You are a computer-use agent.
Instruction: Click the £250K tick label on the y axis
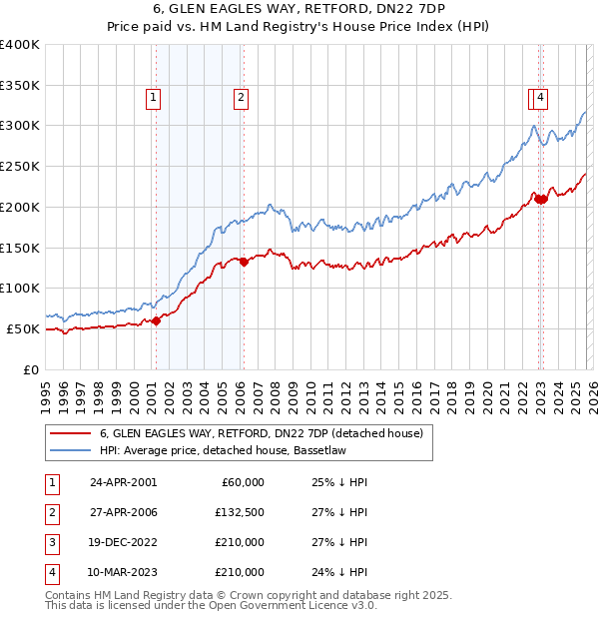click(x=20, y=167)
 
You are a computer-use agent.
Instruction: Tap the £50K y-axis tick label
click(x=23, y=328)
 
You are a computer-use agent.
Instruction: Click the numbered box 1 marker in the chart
click(x=154, y=97)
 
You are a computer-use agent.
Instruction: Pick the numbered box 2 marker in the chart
click(x=242, y=97)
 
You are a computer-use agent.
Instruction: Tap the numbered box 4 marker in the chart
click(x=540, y=97)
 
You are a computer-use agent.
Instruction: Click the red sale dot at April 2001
click(x=156, y=320)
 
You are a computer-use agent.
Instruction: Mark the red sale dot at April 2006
click(x=244, y=263)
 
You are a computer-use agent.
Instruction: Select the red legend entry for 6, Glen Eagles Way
click(x=262, y=433)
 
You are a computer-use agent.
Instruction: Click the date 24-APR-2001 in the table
click(x=123, y=482)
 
